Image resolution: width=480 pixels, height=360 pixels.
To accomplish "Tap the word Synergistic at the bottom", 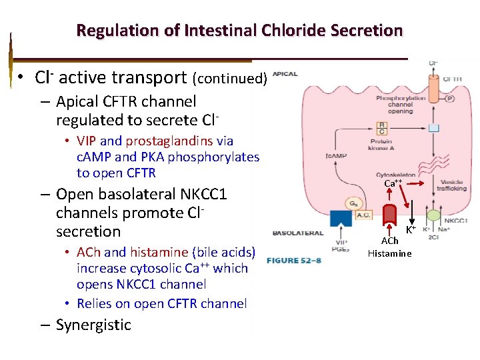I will tap(93, 325).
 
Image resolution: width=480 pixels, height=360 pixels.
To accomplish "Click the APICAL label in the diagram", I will tap(285, 74).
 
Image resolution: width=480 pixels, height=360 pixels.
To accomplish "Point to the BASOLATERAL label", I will tap(297, 233).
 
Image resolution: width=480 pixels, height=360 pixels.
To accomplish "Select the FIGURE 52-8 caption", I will tap(294, 260).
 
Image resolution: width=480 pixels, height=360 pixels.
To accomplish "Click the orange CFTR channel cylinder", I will tap(433, 86).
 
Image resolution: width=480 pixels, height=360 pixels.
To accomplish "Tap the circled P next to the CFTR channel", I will tap(450, 98).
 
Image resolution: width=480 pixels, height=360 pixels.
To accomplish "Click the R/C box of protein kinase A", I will tap(381, 128).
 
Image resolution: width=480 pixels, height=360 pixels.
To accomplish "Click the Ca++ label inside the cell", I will tap(393, 183).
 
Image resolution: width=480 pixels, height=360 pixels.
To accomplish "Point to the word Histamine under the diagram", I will tap(390, 253).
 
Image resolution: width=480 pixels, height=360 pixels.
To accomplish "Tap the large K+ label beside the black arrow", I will tap(411, 230).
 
